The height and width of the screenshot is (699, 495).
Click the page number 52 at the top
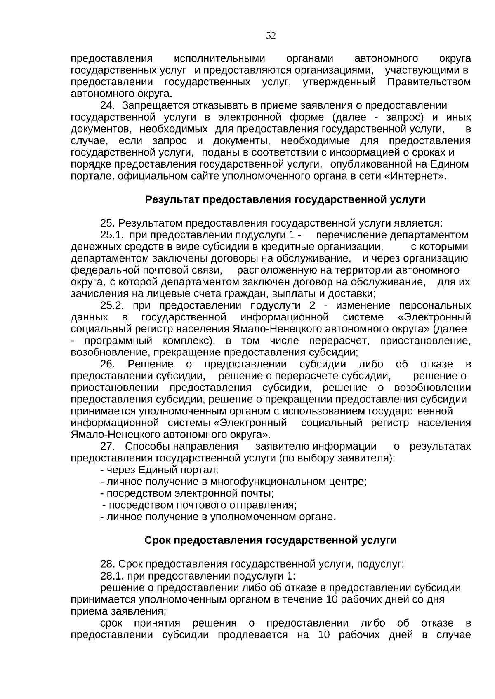point(271,36)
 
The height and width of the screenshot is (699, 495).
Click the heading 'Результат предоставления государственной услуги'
point(285,200)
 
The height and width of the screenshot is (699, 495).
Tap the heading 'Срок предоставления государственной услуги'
point(271,540)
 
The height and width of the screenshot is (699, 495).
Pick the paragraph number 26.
point(108,364)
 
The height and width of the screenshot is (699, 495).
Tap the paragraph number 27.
point(108,447)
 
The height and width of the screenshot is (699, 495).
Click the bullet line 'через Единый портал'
point(160,470)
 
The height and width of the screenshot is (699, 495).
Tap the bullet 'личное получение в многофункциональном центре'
point(233,482)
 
